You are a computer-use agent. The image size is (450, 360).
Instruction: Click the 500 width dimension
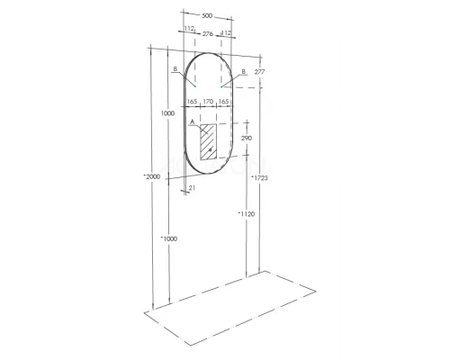pos(207,15)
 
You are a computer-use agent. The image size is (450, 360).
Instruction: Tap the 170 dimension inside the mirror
pos(208,103)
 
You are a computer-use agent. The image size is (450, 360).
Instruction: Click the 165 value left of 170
pos(192,103)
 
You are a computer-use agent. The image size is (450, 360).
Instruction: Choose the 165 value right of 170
pos(224,103)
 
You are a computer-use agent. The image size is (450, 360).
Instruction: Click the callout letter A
pos(193,121)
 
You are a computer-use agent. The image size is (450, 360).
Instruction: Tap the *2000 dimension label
pos(149,177)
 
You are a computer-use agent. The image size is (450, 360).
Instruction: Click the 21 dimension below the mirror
pos(193,188)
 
